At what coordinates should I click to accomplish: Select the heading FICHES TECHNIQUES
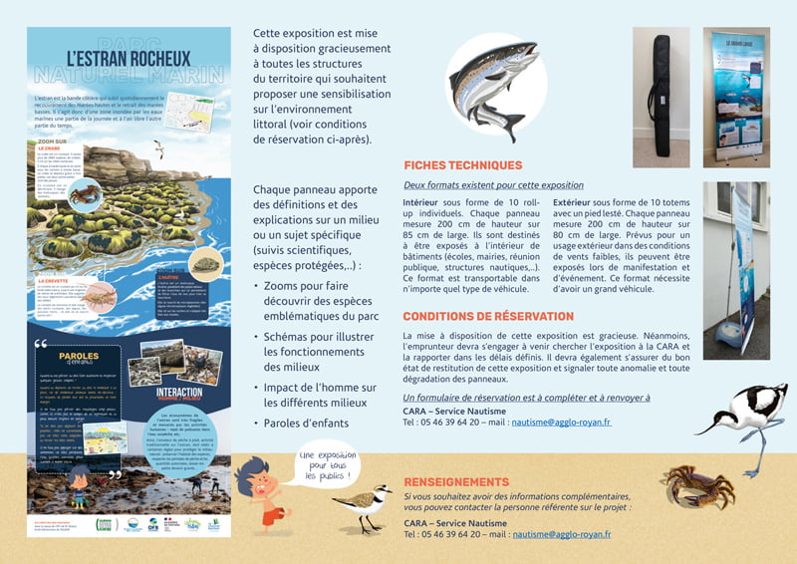(x=462, y=165)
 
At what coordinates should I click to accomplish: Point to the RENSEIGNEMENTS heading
(x=456, y=481)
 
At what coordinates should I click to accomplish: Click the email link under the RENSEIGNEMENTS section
(x=562, y=534)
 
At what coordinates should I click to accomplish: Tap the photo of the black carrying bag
(x=661, y=96)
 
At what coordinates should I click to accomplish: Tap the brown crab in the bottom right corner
(x=696, y=487)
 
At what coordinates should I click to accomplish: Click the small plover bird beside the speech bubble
(x=361, y=504)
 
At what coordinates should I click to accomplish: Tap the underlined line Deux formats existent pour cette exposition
(x=493, y=185)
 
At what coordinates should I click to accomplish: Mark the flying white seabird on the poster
(x=157, y=150)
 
